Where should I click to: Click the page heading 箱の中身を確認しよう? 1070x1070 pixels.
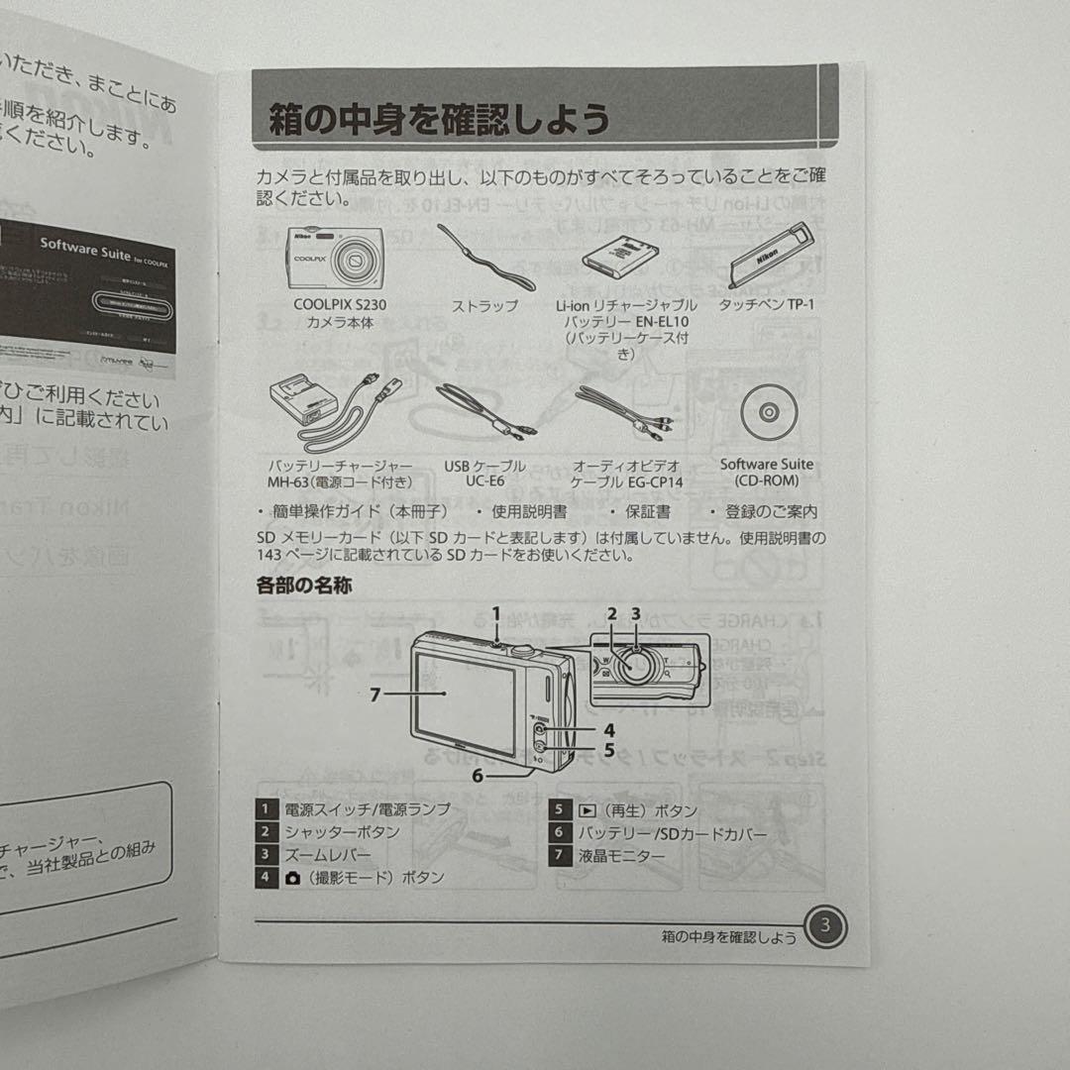click(x=439, y=121)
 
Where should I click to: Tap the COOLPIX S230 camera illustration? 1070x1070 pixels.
click(x=339, y=258)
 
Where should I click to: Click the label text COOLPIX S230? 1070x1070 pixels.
click(x=340, y=305)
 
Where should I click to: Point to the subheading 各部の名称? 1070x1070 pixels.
click(x=303, y=586)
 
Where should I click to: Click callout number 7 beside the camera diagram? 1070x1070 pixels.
click(x=374, y=695)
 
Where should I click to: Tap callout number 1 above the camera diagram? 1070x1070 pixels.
click(x=497, y=613)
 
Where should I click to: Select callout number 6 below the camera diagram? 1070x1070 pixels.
click(x=478, y=776)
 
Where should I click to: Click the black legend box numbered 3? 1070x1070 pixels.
click(x=266, y=855)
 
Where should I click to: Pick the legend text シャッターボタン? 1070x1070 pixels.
click(x=342, y=832)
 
